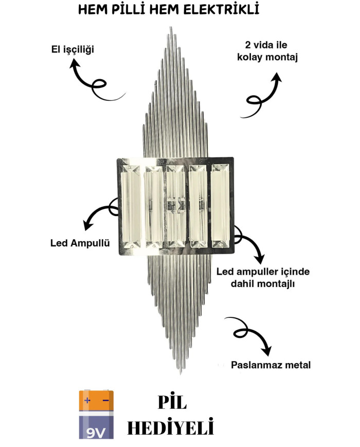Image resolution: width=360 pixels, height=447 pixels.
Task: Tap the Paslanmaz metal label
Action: (x=271, y=365)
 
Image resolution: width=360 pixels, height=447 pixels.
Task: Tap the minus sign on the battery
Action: (x=105, y=400)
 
